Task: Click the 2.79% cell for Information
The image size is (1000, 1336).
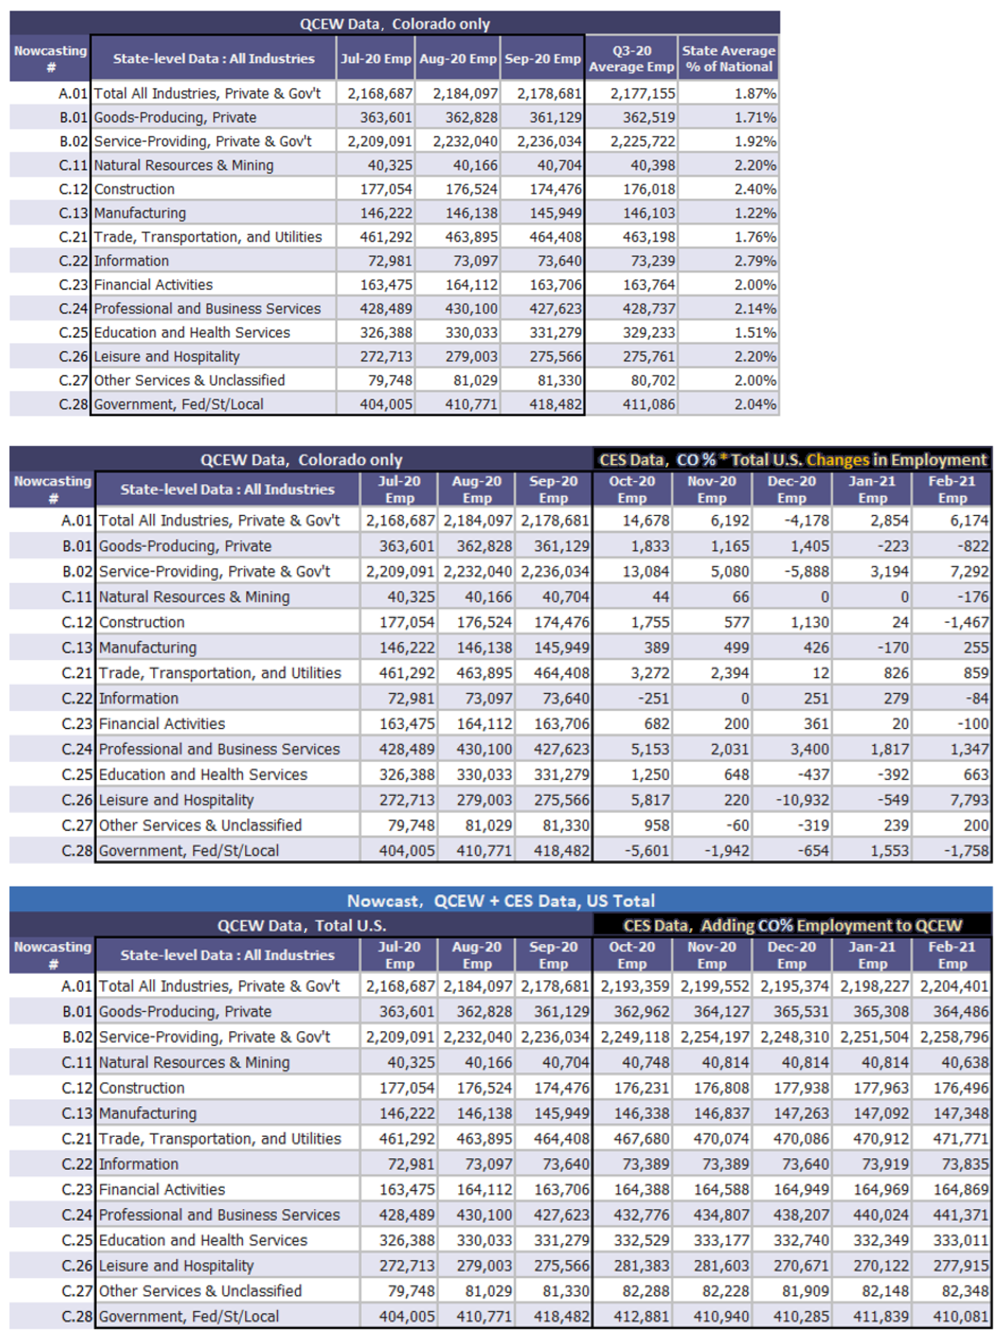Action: [755, 261]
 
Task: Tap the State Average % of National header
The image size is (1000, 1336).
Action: [728, 59]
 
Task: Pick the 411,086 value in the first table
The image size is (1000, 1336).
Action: [648, 404]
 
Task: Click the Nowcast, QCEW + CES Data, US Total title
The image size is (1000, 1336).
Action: [500, 901]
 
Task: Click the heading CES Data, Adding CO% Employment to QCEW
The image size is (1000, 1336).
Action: [792, 925]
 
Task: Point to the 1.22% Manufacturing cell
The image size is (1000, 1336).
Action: [755, 213]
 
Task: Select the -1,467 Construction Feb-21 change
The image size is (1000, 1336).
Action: [966, 622]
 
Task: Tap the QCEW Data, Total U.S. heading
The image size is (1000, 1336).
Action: [301, 925]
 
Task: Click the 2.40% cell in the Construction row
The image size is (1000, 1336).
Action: [755, 189]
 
